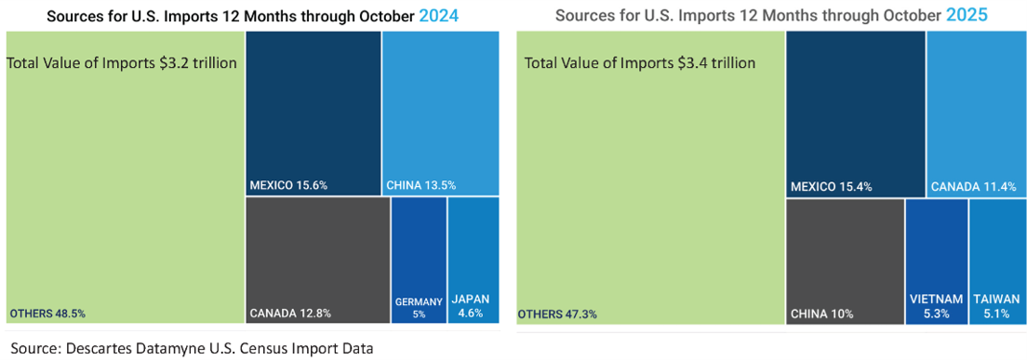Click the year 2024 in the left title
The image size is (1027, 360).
tap(439, 16)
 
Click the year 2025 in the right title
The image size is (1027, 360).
tap(967, 16)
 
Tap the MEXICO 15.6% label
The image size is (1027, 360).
tap(288, 185)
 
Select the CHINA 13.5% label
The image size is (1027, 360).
tap(421, 185)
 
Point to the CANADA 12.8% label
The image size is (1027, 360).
tap(289, 313)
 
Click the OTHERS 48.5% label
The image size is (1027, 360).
tap(47, 313)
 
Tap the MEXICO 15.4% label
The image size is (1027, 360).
tap(830, 187)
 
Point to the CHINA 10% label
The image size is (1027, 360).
tap(821, 314)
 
